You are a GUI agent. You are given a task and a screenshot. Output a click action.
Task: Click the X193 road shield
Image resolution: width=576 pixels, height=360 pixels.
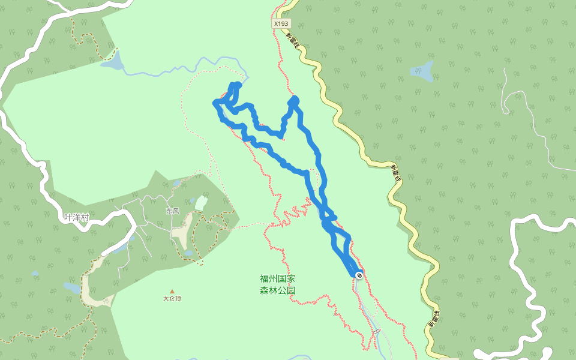pyautogui.click(x=280, y=23)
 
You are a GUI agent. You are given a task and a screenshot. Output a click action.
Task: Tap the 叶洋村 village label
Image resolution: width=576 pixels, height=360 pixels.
pyautogui.click(x=76, y=217)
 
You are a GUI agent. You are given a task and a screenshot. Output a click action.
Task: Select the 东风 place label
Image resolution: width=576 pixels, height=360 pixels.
pyautogui.click(x=173, y=211)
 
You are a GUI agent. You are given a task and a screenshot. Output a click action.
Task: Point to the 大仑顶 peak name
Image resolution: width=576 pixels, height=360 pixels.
pyautogui.click(x=172, y=298)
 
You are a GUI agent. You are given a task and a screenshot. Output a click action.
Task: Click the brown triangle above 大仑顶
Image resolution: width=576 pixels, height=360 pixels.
pyautogui.click(x=172, y=291)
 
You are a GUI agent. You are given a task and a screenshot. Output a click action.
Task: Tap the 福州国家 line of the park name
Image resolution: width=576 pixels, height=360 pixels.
pyautogui.click(x=277, y=279)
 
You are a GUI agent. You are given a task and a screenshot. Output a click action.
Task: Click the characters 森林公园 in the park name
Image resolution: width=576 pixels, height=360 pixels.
pyautogui.click(x=277, y=290)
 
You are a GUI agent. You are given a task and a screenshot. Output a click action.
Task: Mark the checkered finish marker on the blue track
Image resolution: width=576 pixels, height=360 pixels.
pyautogui.click(x=359, y=275)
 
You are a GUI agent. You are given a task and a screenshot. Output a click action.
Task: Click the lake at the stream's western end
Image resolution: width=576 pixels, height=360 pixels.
pyautogui.click(x=113, y=62)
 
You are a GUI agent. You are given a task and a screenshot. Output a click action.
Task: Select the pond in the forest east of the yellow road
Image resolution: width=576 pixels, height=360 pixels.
pyautogui.click(x=422, y=71)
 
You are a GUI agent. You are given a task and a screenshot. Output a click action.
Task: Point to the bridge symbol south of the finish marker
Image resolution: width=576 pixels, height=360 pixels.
pyautogui.click(x=376, y=331)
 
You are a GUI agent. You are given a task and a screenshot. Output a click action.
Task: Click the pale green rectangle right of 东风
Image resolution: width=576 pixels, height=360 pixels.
pyautogui.click(x=200, y=203)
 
